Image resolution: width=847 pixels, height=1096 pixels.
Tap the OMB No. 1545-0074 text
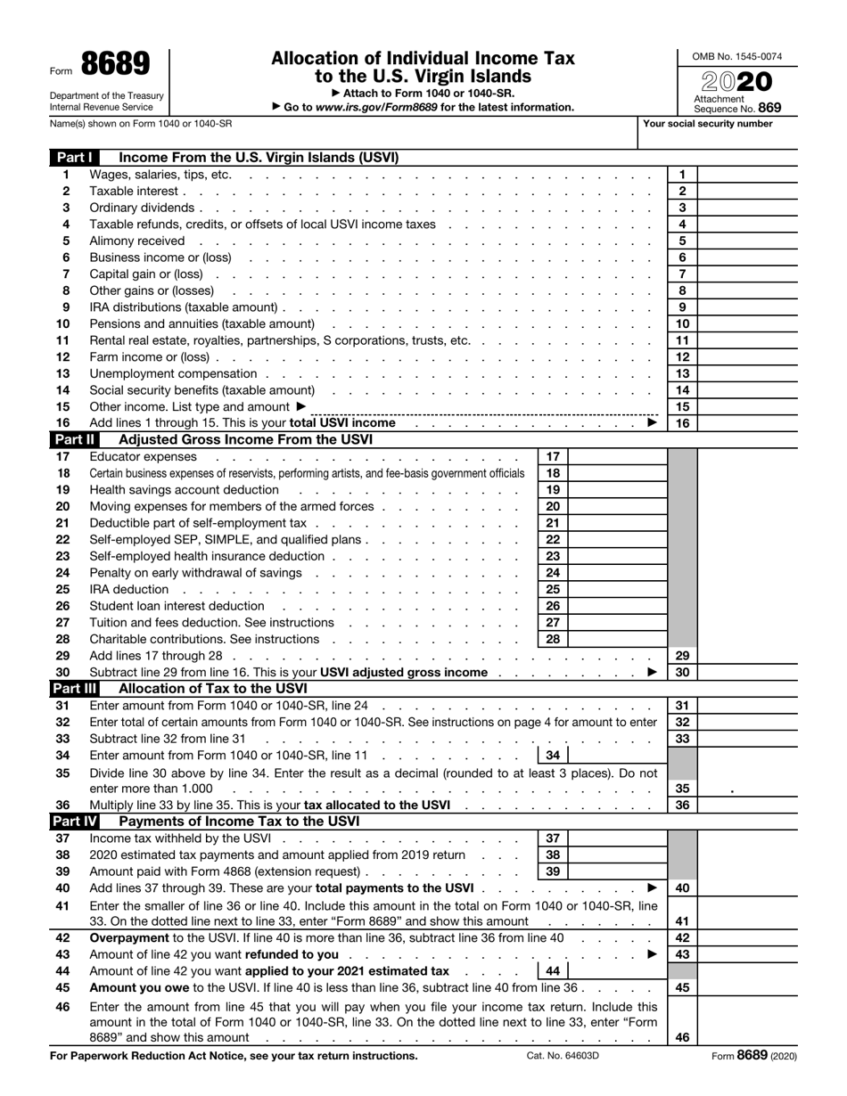tap(737, 57)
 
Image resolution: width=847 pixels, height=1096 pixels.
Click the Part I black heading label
tap(76, 158)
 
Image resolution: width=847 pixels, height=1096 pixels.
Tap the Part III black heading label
tap(78, 688)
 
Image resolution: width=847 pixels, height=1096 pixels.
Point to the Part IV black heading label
tap(78, 821)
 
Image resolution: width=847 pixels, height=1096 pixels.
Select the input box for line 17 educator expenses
tap(617, 457)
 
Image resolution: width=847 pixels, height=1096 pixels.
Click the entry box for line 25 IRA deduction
tap(617, 590)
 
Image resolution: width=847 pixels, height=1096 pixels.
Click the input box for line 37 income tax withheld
tap(617, 838)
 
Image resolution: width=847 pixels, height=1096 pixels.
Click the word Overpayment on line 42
tap(128, 938)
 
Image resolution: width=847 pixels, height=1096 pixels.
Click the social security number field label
tap(708, 124)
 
